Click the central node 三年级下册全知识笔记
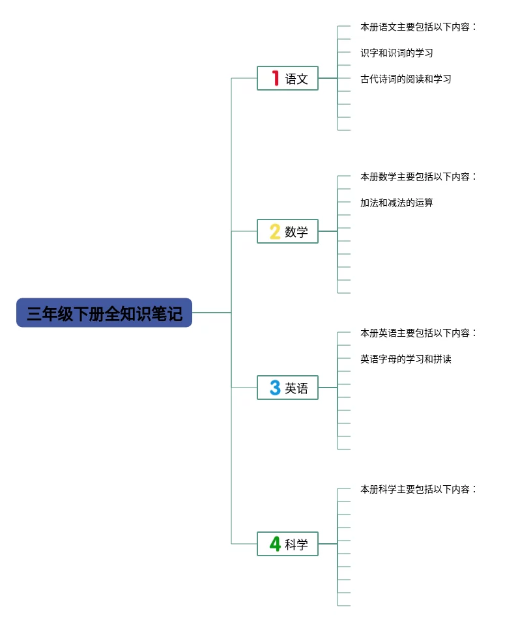pyautogui.click(x=104, y=313)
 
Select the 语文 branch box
pyautogui.click(x=287, y=78)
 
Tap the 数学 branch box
pyautogui.click(x=287, y=231)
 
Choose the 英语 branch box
pyautogui.click(x=287, y=388)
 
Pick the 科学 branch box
pyautogui.click(x=287, y=544)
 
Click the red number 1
pyautogui.click(x=275, y=78)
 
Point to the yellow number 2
pyautogui.click(x=275, y=231)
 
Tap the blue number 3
pyautogui.click(x=275, y=388)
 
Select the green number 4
pyautogui.click(x=275, y=544)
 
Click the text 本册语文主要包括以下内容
pyautogui.click(x=415, y=27)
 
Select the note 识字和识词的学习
pyautogui.click(x=397, y=53)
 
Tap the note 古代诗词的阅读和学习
pyautogui.click(x=406, y=79)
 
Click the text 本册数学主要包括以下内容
pyautogui.click(x=415, y=177)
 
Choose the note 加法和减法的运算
pyautogui.click(x=397, y=203)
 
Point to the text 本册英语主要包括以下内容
pyautogui.click(x=415, y=333)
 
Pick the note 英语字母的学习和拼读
pyautogui.click(x=406, y=359)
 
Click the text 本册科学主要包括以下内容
pyautogui.click(x=415, y=489)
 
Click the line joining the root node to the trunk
pyautogui.click(x=212, y=313)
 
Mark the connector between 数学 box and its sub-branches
pyautogui.click(x=328, y=231)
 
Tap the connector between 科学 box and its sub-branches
pyautogui.click(x=328, y=544)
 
